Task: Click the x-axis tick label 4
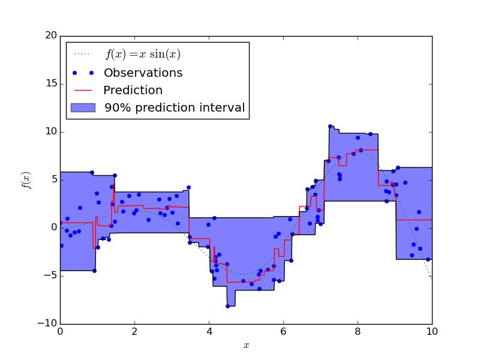click(209, 332)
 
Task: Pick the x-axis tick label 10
click(431, 332)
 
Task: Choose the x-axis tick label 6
click(283, 332)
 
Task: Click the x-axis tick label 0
click(60, 332)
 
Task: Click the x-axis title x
click(246, 346)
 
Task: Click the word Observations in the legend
click(143, 73)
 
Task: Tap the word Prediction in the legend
click(133, 91)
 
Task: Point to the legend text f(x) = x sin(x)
click(143, 55)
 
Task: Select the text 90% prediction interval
click(175, 109)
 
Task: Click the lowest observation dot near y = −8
click(227, 306)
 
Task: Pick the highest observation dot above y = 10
click(330, 127)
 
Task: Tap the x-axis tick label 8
click(358, 332)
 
